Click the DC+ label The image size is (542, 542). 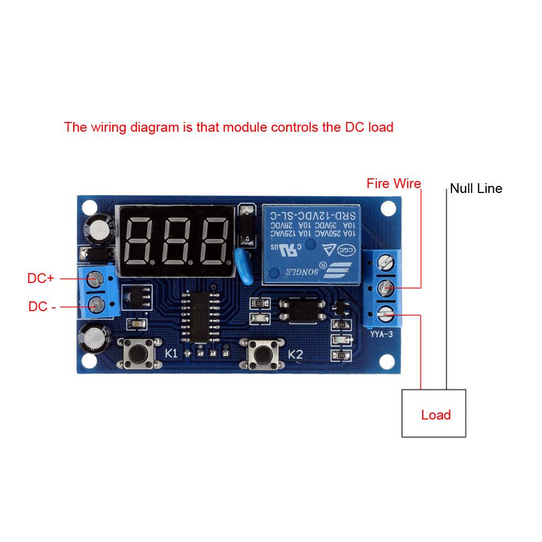(x=41, y=279)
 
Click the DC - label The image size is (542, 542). (x=42, y=307)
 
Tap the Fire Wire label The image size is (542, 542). (x=393, y=184)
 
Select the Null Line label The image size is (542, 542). (x=476, y=189)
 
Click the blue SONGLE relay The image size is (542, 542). (x=311, y=244)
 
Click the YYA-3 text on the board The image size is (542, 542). (x=382, y=334)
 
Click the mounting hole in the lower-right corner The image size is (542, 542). (x=388, y=362)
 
